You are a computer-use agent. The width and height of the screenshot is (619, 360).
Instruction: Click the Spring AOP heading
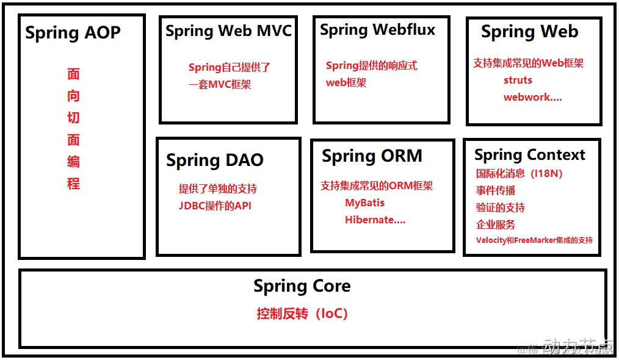click(73, 33)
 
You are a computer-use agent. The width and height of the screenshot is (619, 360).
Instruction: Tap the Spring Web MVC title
click(228, 31)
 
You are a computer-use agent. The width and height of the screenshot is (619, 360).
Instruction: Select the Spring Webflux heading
click(378, 30)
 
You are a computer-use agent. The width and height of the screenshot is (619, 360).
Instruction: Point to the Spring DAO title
click(215, 160)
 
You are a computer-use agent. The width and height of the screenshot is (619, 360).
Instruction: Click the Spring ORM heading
click(372, 156)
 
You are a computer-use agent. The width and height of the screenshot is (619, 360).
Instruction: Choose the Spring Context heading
click(529, 155)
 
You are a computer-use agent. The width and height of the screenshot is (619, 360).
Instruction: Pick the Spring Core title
click(302, 286)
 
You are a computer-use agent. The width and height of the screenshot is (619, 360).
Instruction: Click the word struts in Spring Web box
click(518, 80)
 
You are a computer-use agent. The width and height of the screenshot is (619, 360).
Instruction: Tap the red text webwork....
click(532, 97)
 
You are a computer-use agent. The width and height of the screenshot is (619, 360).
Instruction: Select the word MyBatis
click(364, 203)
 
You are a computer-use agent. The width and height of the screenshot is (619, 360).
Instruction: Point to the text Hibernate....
click(375, 220)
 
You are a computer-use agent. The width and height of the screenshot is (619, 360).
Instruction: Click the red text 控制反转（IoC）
click(302, 314)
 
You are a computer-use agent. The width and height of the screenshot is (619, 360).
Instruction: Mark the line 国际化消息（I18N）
click(519, 173)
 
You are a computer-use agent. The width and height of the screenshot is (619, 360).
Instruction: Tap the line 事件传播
click(496, 190)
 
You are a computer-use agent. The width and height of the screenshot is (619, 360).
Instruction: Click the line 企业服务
click(496, 225)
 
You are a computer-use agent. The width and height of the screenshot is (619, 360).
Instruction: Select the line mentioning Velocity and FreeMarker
click(534, 240)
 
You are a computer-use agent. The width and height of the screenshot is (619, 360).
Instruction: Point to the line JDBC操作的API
click(215, 206)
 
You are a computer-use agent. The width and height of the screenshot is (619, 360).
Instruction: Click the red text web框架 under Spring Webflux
click(346, 82)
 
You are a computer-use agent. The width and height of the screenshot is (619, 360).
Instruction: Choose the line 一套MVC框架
click(220, 85)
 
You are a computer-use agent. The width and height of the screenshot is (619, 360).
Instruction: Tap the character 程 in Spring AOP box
click(73, 183)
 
